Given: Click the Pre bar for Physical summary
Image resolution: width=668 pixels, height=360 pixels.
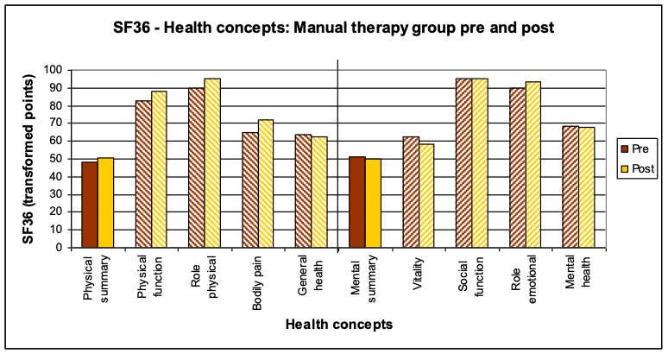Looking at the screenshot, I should tap(89, 205).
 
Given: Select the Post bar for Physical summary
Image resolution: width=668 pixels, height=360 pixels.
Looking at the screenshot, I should tap(105, 203).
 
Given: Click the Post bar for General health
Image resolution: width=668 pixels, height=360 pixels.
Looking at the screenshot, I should tap(318, 193).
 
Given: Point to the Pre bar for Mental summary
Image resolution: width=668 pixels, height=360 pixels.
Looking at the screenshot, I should tap(356, 202).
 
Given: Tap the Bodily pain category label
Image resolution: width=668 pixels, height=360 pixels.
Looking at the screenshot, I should tap(255, 278).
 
